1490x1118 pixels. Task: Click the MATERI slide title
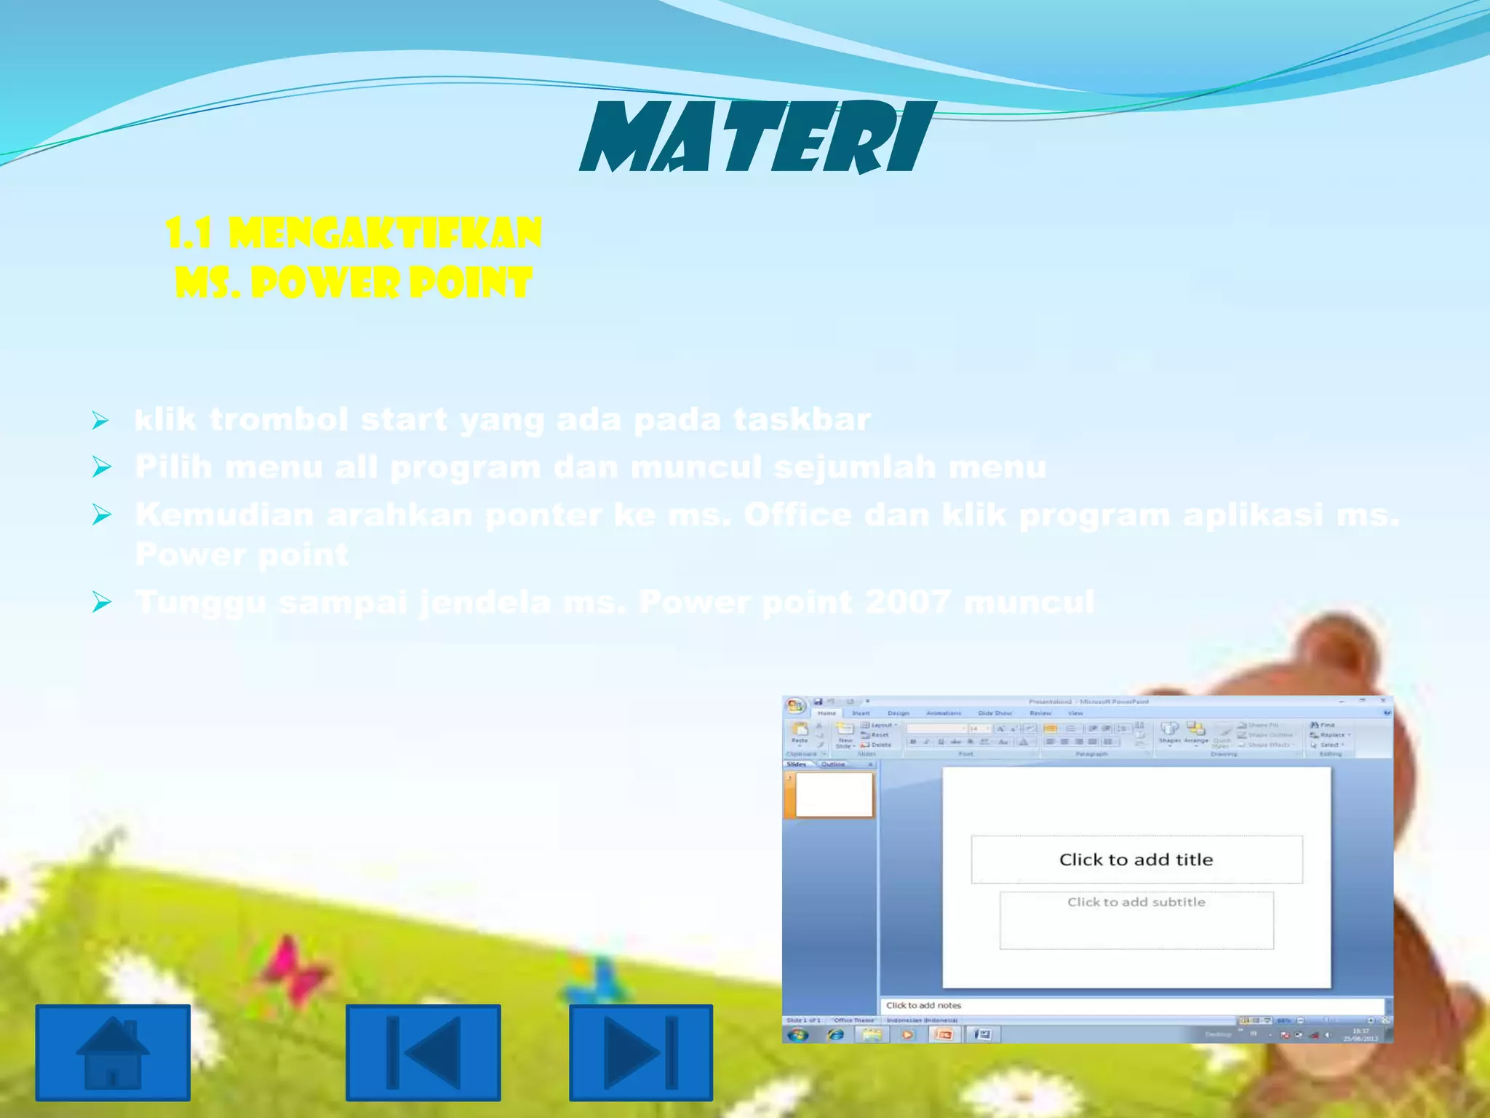(x=757, y=138)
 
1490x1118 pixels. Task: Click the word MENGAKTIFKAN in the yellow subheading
(x=385, y=234)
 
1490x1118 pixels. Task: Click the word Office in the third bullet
(x=797, y=515)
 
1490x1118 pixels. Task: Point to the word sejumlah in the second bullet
(x=855, y=467)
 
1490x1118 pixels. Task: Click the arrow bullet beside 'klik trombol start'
(x=101, y=420)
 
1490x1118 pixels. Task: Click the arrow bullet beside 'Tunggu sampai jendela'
(x=101, y=602)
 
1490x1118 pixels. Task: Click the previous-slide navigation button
(x=423, y=1052)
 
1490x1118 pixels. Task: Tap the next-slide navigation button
(x=640, y=1052)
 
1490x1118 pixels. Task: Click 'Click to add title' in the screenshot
(x=1136, y=860)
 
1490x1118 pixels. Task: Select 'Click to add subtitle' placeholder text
(x=1136, y=903)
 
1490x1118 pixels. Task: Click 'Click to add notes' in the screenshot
(x=923, y=1005)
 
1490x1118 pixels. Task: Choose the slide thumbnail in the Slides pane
(x=834, y=795)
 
